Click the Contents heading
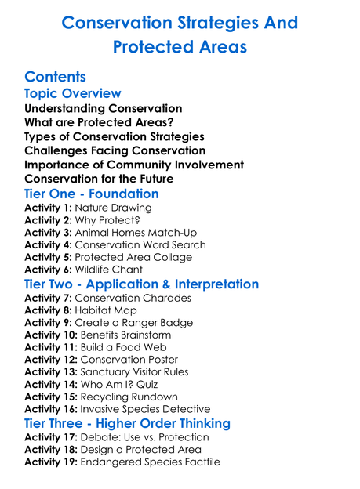55,77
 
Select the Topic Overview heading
73,94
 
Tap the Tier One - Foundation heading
91,194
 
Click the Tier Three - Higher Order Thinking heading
127,423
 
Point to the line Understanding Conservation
103,109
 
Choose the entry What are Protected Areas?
99,123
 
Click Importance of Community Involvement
134,165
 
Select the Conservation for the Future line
99,179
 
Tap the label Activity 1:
48,208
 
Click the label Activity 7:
48,299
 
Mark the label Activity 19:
51,462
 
